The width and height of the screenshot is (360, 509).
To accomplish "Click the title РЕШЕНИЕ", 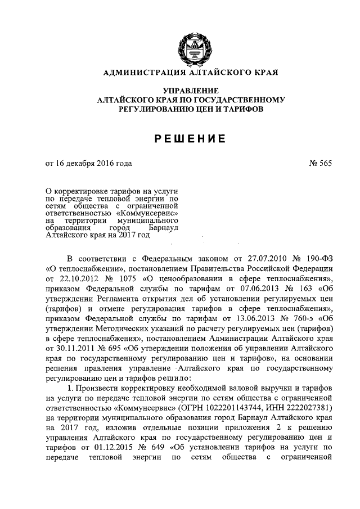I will (x=184, y=138).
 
